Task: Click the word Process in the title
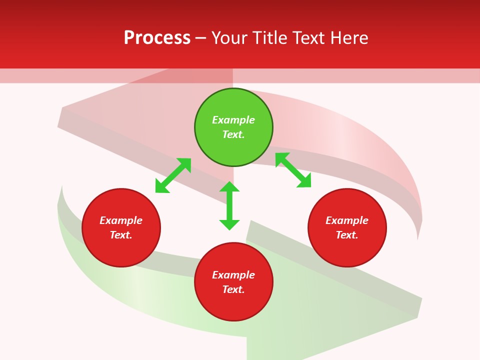[157, 38]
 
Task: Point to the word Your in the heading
[229, 38]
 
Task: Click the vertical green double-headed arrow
[229, 205]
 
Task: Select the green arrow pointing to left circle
[173, 175]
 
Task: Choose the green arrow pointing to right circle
[293, 170]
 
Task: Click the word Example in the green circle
[233, 120]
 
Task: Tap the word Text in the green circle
[233, 134]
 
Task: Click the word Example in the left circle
[121, 220]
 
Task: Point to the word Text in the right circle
[347, 235]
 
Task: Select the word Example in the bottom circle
[233, 275]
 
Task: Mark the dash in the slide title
[201, 38]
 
